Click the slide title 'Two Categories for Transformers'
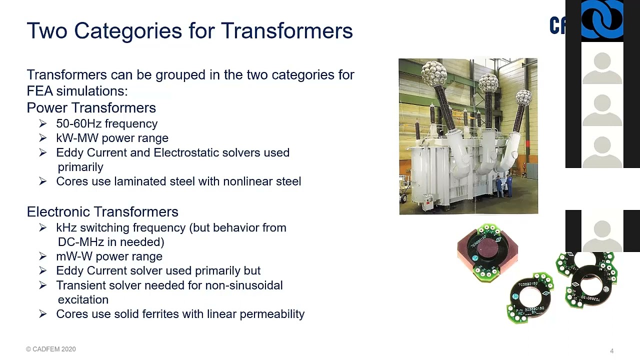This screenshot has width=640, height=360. pyautogui.click(x=189, y=31)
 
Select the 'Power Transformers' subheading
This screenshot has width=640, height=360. pyautogui.click(x=91, y=108)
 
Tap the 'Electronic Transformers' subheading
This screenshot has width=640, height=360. pyautogui.click(x=102, y=212)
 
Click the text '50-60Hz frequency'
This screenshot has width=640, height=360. pyautogui.click(x=106, y=124)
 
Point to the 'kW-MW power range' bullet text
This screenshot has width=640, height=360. pyautogui.click(x=112, y=138)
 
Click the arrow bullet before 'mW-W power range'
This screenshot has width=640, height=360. pyautogui.click(x=42, y=256)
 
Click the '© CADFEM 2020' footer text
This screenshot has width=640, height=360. pyautogui.click(x=51, y=349)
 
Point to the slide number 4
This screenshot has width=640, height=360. pyautogui.click(x=611, y=351)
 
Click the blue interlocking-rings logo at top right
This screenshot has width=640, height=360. pyautogui.click(x=602, y=20)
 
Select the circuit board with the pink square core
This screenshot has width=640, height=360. pyautogui.click(x=487, y=251)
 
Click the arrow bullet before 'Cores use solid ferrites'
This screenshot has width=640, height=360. pyautogui.click(x=42, y=314)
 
